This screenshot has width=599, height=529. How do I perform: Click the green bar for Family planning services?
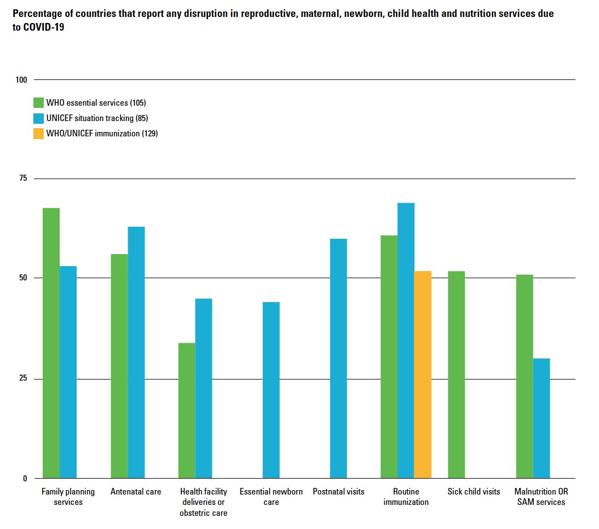click(x=51, y=343)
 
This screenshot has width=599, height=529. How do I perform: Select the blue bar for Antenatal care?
click(x=136, y=352)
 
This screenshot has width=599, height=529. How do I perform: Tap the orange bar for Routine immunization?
click(x=423, y=375)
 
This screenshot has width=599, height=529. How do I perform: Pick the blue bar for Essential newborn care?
click(x=271, y=390)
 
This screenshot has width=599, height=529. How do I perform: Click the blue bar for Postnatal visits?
click(x=338, y=358)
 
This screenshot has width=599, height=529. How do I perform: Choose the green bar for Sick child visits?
click(x=456, y=375)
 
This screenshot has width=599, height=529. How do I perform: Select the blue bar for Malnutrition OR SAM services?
click(x=542, y=418)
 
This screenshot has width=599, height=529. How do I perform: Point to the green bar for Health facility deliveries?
click(x=187, y=410)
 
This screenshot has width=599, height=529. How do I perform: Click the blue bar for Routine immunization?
click(x=406, y=340)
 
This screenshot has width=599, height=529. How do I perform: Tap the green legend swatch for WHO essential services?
click(x=38, y=102)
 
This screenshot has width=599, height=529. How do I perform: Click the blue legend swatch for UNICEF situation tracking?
click(x=38, y=118)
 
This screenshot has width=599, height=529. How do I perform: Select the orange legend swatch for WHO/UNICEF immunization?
click(x=38, y=133)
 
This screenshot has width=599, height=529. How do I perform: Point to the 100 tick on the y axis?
click(x=21, y=80)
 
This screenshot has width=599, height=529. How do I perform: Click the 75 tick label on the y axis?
click(x=23, y=179)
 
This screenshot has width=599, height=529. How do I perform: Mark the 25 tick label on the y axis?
click(x=23, y=379)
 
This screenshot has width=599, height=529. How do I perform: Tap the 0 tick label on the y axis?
click(x=25, y=478)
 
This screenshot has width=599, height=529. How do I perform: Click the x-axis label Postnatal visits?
click(x=338, y=492)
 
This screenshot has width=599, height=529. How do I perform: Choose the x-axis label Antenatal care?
click(x=136, y=492)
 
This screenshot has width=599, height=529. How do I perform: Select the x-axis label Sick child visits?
click(x=474, y=492)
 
